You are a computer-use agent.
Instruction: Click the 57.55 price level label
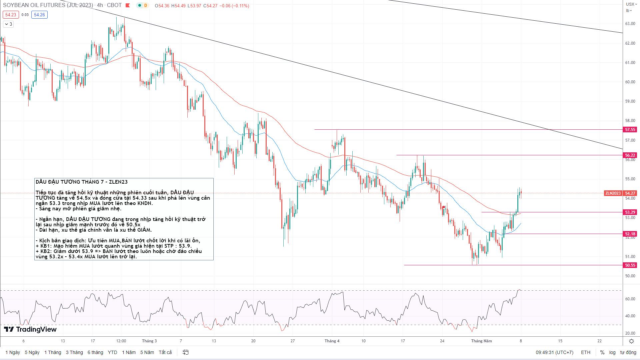630,129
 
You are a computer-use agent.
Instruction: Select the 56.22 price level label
630,155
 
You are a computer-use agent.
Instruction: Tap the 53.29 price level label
630,212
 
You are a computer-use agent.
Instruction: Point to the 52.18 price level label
630,234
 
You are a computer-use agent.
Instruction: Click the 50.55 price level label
630,265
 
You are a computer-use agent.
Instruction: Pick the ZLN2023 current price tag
613,193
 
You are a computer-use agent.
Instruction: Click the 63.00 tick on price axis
630,24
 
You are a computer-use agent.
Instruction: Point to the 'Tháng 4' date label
332,341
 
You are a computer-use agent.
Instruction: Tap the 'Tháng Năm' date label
481,341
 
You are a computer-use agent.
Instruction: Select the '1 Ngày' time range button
13,352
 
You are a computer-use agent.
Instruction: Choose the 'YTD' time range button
112,352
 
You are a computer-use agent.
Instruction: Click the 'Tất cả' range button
165,352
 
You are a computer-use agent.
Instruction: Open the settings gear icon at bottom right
631,341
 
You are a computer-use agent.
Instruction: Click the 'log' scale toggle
612,352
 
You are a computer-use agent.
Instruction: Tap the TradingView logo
30,329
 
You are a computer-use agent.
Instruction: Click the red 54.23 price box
11,15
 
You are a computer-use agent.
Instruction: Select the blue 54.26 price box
39,15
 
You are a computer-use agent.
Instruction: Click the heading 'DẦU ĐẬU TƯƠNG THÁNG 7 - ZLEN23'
82,182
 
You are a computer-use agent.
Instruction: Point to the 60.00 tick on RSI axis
630,299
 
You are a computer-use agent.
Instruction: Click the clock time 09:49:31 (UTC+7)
554,352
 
